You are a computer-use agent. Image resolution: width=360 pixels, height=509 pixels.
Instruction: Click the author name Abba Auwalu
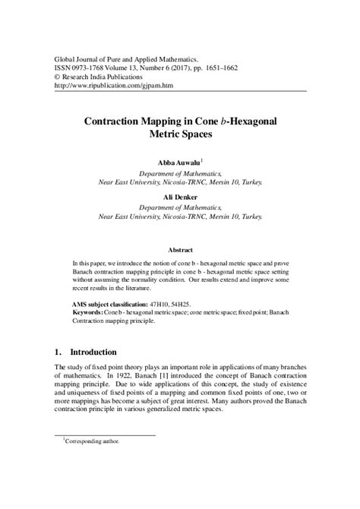coord(176,163)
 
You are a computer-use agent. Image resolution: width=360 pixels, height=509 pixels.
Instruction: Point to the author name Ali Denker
coord(179,195)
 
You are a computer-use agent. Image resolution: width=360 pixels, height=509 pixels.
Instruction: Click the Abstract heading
coord(180,250)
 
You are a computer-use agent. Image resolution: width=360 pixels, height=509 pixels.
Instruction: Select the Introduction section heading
coord(93,353)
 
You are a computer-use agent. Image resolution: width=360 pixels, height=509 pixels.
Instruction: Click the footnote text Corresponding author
coord(93,461)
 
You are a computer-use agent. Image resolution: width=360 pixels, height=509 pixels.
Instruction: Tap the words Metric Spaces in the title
coord(179,134)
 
